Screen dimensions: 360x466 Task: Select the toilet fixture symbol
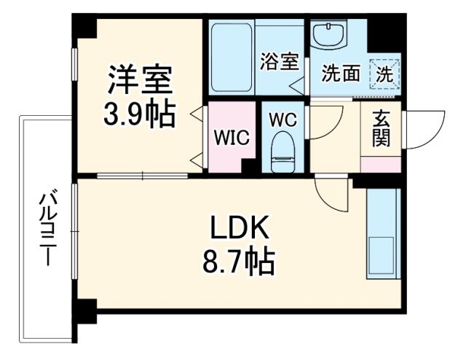click(x=280, y=152)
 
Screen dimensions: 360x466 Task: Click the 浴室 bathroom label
click(x=279, y=61)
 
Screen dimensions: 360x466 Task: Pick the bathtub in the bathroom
click(x=231, y=58)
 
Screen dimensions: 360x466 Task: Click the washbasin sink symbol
click(x=331, y=34)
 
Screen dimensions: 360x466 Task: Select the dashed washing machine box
click(x=384, y=73)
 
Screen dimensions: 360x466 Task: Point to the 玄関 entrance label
click(x=380, y=129)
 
